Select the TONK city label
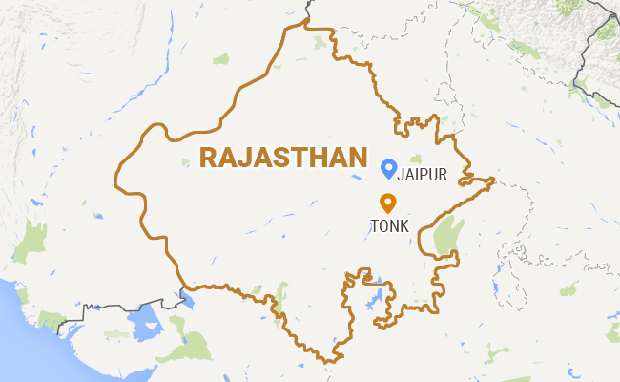click(x=387, y=225)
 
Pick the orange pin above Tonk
click(x=387, y=203)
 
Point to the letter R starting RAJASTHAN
click(x=206, y=159)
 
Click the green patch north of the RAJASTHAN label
click(x=222, y=59)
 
